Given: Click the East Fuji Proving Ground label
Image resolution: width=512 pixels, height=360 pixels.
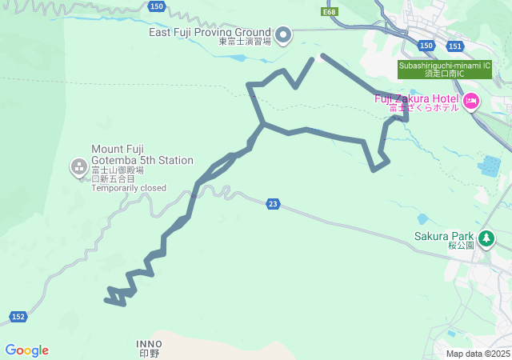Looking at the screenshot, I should pos(210,32).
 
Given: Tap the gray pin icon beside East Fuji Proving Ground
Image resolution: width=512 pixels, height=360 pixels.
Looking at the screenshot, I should pos(283,34).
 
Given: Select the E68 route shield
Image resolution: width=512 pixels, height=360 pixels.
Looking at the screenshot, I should pos(330,12).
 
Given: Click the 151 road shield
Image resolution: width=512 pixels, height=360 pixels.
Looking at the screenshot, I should pos(454,46).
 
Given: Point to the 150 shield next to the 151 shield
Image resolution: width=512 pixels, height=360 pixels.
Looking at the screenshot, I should pos(426,46).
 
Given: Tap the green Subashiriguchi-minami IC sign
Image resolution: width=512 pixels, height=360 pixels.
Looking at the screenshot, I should pos(445,69).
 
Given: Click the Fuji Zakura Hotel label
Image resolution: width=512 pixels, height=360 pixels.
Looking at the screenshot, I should pos(416,98).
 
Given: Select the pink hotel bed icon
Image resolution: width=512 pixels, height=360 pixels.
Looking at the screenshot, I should pos(470,101).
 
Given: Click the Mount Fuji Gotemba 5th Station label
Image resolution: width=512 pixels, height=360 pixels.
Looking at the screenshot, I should pos(142,154).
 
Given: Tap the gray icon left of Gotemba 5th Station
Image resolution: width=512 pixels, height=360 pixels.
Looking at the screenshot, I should pos(79,167).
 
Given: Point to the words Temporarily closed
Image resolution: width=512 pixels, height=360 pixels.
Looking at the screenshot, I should pos(128,188).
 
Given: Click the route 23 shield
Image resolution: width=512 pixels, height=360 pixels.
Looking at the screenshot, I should pos(273,204).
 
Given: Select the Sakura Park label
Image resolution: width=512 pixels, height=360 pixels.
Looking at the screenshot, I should pos(444,236).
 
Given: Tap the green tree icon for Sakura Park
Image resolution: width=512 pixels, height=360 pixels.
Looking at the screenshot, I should pos(486,238).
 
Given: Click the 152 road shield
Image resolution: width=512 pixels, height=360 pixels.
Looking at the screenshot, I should pos(18,317).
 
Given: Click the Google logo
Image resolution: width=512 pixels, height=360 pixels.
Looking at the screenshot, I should pos(26,350).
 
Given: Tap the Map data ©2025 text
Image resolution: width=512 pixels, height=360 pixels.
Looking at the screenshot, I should pos(478,354).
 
